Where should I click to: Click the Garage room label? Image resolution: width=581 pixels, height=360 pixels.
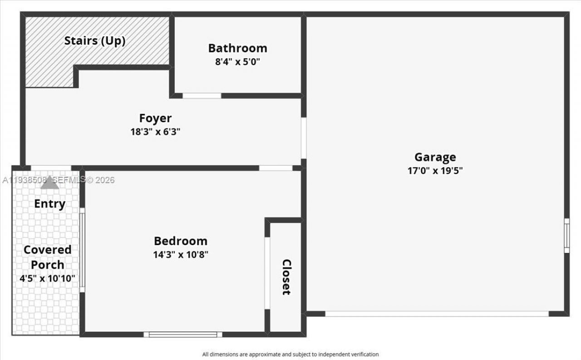click(x=435, y=157)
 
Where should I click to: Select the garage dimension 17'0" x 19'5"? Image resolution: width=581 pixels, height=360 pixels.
click(x=435, y=171)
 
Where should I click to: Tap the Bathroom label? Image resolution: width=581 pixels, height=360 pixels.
click(x=237, y=48)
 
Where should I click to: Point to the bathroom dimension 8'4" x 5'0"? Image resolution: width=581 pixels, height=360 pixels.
click(x=237, y=61)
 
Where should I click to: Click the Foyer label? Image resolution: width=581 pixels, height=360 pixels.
click(x=155, y=118)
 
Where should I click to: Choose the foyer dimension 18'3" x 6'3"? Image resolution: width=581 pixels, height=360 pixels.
click(x=155, y=132)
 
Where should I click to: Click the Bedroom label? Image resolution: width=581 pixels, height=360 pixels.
click(x=180, y=241)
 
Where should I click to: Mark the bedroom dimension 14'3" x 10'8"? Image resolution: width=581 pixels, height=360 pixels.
click(x=180, y=254)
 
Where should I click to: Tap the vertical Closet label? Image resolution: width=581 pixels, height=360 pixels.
click(x=286, y=277)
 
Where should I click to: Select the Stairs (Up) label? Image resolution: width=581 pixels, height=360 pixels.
click(x=95, y=40)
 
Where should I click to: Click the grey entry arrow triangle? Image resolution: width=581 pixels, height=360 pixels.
click(x=49, y=183)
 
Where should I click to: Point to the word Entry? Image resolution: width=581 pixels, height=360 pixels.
click(x=49, y=204)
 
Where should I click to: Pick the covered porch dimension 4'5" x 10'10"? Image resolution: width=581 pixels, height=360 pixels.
click(x=47, y=278)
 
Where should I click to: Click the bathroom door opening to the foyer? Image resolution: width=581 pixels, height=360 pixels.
click(x=202, y=96)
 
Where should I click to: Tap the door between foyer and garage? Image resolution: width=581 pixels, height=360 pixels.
click(x=303, y=138)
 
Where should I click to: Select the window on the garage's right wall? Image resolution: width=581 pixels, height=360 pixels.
click(x=566, y=236)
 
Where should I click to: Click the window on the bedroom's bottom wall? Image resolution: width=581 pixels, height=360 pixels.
click(x=183, y=335)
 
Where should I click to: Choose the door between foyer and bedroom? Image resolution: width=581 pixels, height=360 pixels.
click(x=276, y=168)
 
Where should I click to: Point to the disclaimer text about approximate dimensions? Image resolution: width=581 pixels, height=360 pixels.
click(x=290, y=354)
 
